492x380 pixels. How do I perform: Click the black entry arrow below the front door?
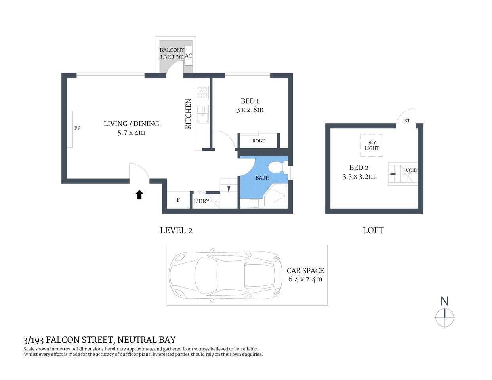[x=139, y=194]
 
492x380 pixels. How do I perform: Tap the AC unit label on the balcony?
[x=189, y=56]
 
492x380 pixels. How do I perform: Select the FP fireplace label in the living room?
[x=77, y=128]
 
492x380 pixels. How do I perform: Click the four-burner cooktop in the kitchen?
[x=202, y=93]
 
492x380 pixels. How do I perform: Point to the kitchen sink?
[x=202, y=114]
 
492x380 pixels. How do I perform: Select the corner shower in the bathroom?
[x=276, y=196]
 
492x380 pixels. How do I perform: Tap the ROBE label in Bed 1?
[x=258, y=141]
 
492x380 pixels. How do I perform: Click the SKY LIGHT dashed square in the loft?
[x=372, y=145]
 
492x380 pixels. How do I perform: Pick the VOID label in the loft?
[x=411, y=170]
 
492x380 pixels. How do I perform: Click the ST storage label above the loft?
[x=407, y=120]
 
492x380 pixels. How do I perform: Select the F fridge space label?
[x=178, y=200]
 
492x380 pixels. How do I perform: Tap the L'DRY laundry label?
[x=201, y=201]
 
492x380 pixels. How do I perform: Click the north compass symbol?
[x=445, y=317]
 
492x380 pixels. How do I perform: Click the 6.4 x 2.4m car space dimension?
[x=305, y=279]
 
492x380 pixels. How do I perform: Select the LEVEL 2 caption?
[x=176, y=230]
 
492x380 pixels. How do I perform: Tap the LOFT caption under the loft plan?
[x=373, y=230]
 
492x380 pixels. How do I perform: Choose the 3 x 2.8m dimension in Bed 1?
[x=250, y=110]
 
